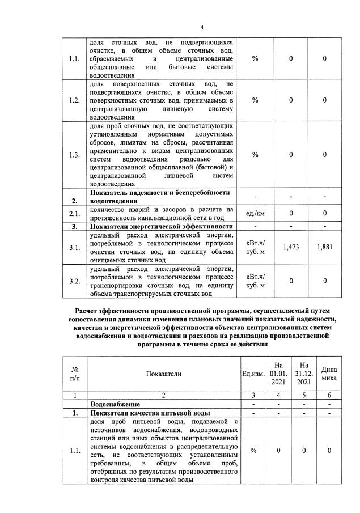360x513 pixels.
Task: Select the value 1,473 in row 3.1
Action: (290, 247)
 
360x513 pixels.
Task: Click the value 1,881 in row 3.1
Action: (324, 247)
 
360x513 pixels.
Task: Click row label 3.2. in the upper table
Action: (75, 281)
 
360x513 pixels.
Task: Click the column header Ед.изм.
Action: (253, 374)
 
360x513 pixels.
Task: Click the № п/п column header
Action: (75, 374)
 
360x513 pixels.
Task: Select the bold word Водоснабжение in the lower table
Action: (116, 404)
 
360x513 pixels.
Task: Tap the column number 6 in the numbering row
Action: (329, 395)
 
